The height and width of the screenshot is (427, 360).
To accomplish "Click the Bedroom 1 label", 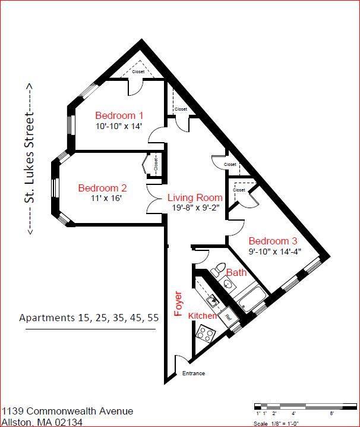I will pyautogui.click(x=119, y=115).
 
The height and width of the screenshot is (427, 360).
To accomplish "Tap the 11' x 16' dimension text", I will pyautogui.click(x=108, y=199).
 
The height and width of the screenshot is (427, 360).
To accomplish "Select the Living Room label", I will pyautogui.click(x=195, y=197).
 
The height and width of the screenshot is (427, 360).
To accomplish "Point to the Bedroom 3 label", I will pyautogui.click(x=273, y=241).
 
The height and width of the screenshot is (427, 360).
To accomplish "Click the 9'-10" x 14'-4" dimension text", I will pyautogui.click(x=274, y=251).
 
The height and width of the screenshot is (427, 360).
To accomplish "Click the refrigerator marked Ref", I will pyautogui.click(x=226, y=317).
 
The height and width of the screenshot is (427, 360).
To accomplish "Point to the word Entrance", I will pyautogui.click(x=193, y=373).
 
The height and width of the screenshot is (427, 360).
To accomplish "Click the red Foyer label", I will pyautogui.click(x=177, y=303).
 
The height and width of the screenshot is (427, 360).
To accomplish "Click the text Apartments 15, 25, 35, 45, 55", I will pyautogui.click(x=89, y=317).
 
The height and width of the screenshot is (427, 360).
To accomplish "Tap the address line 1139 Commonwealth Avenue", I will pyautogui.click(x=67, y=412).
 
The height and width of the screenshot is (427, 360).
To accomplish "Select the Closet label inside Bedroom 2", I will pyautogui.click(x=156, y=164).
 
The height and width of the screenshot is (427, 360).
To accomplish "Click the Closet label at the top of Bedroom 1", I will pyautogui.click(x=138, y=72).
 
